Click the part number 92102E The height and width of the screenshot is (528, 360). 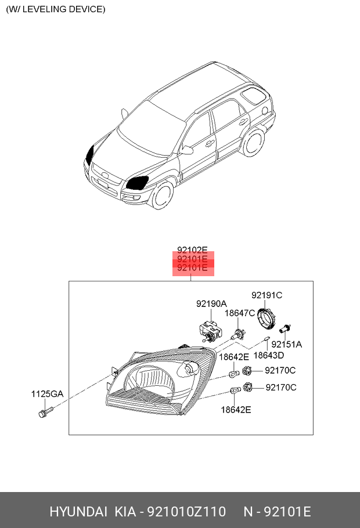[x=192, y=250]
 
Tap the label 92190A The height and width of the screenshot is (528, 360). [x=211, y=303]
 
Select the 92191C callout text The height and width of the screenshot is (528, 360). [x=267, y=295]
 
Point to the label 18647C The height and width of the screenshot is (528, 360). [x=240, y=313]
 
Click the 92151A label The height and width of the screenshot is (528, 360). [x=286, y=344]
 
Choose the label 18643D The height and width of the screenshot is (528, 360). [x=269, y=355]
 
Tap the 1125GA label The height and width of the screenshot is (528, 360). [x=47, y=393]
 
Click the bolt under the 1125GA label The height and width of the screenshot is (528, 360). [x=45, y=412]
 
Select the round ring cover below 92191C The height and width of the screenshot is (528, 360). [x=267, y=318]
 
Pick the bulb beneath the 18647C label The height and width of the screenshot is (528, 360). [x=237, y=335]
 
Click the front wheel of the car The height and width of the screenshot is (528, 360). [x=163, y=194]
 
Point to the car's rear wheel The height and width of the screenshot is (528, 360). [x=253, y=143]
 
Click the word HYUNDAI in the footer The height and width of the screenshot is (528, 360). [x=78, y=512]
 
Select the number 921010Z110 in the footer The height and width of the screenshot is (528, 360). [x=187, y=512]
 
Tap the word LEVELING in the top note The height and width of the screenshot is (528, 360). [x=44, y=9]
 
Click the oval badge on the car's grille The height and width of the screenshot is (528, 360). [x=105, y=175]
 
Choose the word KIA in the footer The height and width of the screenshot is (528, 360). [x=125, y=512]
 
